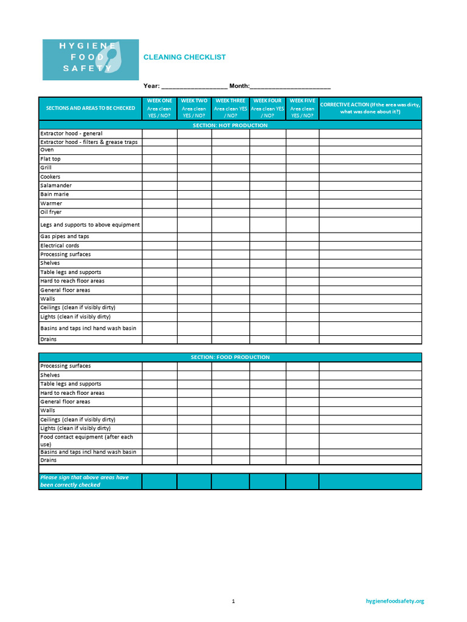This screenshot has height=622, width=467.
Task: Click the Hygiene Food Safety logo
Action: tap(90, 60)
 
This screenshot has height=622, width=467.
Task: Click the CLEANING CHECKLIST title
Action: tap(184, 57)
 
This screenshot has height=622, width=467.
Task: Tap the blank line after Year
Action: tap(194, 87)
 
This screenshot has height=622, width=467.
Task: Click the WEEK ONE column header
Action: tap(159, 108)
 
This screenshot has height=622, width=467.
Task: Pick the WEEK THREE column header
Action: tap(230, 108)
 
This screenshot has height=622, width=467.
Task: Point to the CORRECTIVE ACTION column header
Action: tap(370, 108)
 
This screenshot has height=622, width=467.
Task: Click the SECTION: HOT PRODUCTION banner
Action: tap(230, 125)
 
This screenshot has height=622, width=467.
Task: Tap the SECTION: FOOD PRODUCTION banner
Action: tap(230, 357)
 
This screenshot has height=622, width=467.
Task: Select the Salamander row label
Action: tap(56, 186)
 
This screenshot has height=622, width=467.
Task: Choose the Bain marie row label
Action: tap(55, 194)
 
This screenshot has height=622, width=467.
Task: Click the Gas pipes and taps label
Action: tap(64, 236)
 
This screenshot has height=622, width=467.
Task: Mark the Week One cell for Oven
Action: tap(159, 150)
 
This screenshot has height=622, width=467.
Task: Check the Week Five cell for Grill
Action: tap(302, 168)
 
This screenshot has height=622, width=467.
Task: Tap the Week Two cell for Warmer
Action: tap(195, 203)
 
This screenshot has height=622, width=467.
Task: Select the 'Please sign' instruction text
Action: tap(85, 481)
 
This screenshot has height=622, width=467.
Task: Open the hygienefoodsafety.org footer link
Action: tap(395, 601)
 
